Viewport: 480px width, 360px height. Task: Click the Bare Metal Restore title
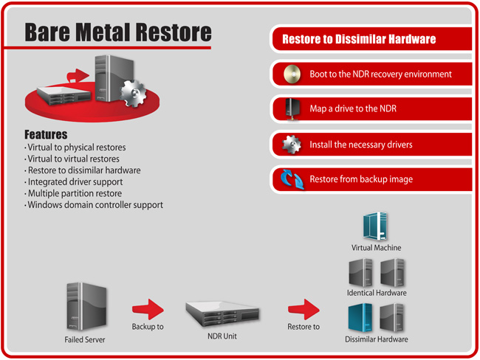point(117,32)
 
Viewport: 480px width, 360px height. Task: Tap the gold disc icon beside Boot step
point(289,75)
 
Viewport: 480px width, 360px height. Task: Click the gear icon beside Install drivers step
point(291,145)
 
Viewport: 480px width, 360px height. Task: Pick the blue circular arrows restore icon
point(290,179)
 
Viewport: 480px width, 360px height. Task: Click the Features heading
point(45,135)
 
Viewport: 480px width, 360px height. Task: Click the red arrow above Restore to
point(303,308)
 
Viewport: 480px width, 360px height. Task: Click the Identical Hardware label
point(377,293)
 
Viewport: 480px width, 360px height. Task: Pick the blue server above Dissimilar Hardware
point(361,317)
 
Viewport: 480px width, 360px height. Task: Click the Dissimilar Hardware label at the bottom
point(377,339)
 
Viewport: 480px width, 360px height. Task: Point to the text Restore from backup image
point(360,179)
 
